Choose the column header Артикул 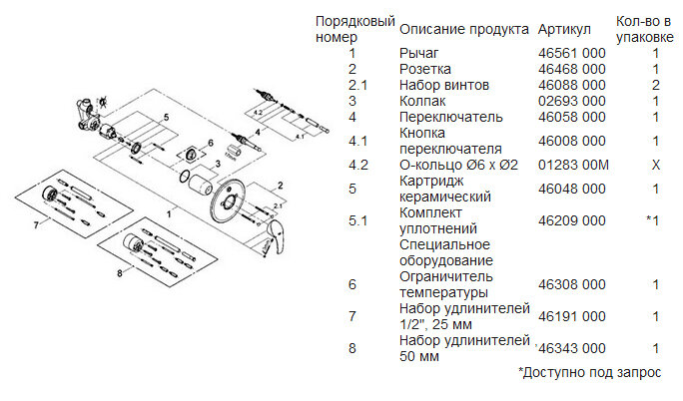[x=565, y=29]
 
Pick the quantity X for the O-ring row [x=655, y=165]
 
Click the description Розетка [x=425, y=69]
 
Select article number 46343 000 [x=573, y=349]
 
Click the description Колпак [x=423, y=101]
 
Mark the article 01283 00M [x=572, y=165]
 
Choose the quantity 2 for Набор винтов [x=656, y=85]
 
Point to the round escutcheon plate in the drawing [x=235, y=200]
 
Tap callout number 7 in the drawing [x=37, y=225]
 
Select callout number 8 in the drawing [x=121, y=270]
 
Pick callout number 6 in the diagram [x=213, y=143]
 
